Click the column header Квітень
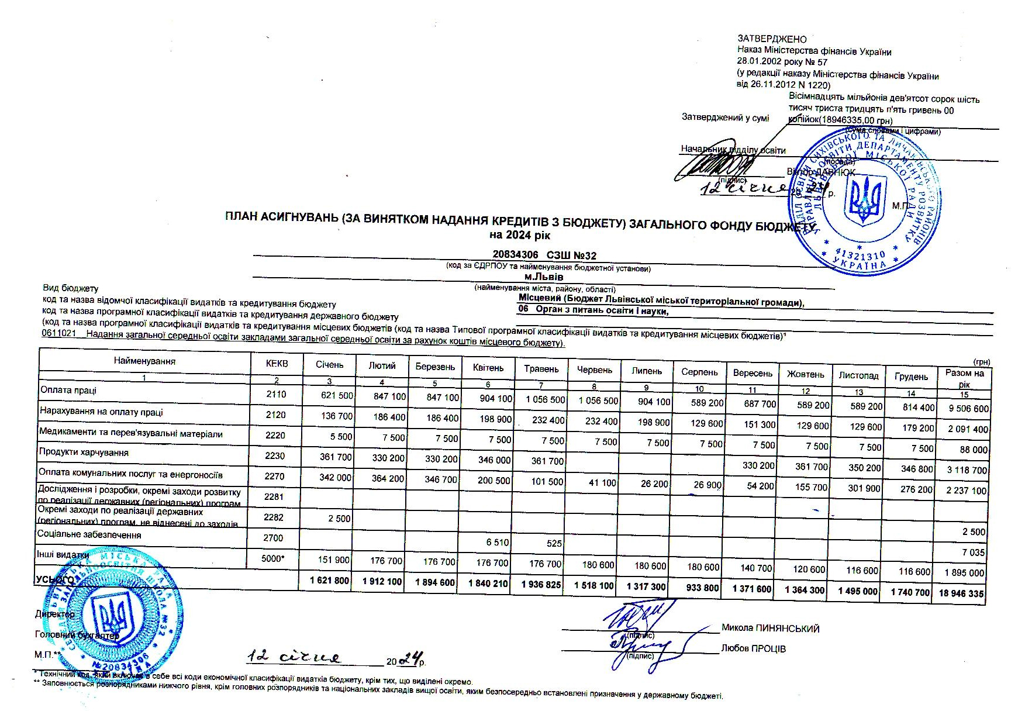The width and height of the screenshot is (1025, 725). pyautogui.click(x=488, y=368)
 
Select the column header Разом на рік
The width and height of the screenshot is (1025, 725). pyautogui.click(x=964, y=378)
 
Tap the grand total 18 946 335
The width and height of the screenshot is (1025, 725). pyautogui.click(x=961, y=593)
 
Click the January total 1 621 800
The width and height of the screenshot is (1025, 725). pyautogui.click(x=330, y=581)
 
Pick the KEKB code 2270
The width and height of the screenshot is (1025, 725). pyautogui.click(x=275, y=476)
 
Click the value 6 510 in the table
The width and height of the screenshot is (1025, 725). pyautogui.click(x=498, y=542)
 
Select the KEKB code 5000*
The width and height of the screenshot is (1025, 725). pyautogui.click(x=273, y=558)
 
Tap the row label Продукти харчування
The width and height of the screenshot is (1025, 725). pyautogui.click(x=84, y=453)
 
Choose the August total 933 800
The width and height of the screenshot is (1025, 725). pyautogui.click(x=702, y=588)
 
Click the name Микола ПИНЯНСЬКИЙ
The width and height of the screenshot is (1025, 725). pyautogui.click(x=770, y=629)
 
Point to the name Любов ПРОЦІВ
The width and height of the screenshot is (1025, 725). pyautogui.click(x=754, y=648)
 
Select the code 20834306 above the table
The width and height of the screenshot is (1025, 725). pyautogui.click(x=515, y=255)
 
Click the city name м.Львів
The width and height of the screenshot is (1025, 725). pyautogui.click(x=544, y=277)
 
